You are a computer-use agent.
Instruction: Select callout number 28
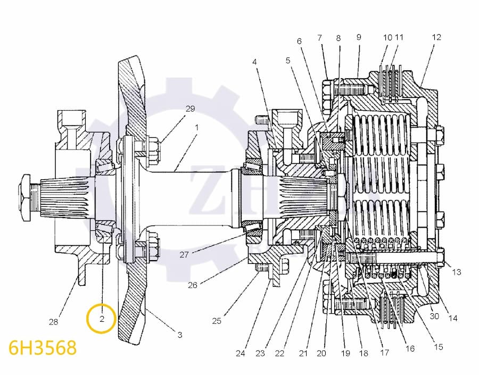tap(53, 322)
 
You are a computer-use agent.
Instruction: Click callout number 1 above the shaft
tap(197, 128)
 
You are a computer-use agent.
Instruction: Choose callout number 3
tap(180, 335)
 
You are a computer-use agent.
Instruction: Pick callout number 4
tap(254, 62)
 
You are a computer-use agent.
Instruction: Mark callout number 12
tap(436, 37)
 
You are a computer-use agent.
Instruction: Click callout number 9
tap(359, 37)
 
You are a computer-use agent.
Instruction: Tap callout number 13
tap(456, 272)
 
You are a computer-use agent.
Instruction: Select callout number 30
tap(435, 316)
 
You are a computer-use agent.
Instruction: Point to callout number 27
tap(184, 255)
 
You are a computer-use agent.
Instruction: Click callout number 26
tap(193, 285)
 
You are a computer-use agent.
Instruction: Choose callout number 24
tap(240, 353)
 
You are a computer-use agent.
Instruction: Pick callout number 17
tap(384, 353)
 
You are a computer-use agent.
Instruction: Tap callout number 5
tap(288, 61)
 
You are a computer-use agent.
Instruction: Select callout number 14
tap(453, 319)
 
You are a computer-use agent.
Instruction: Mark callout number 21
tap(303, 353)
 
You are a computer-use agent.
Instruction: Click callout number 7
tap(319, 37)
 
